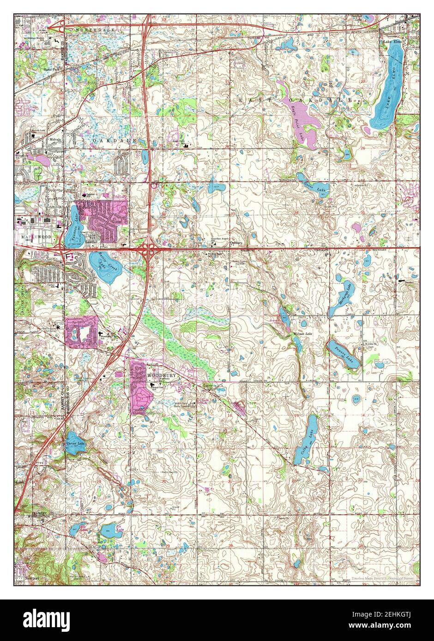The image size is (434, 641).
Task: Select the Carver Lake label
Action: pyautogui.click(x=75, y=444)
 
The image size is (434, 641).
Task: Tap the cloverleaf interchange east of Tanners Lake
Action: pyautogui.click(x=150, y=249)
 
